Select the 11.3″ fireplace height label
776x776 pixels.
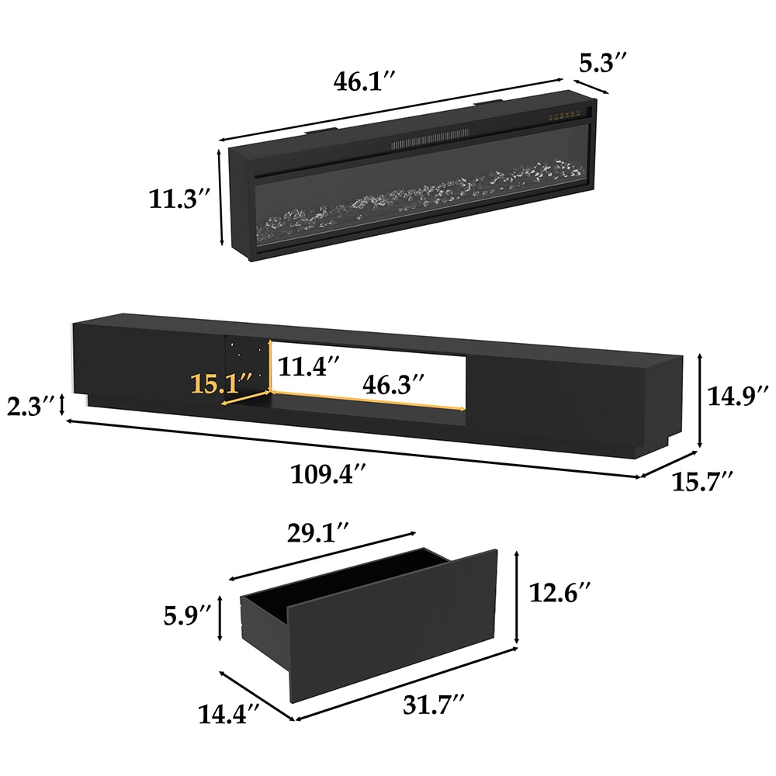(x=181, y=200)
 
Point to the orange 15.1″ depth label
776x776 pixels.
(x=223, y=383)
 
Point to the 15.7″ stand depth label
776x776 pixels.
(x=702, y=482)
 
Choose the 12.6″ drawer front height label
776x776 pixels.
(x=559, y=594)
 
